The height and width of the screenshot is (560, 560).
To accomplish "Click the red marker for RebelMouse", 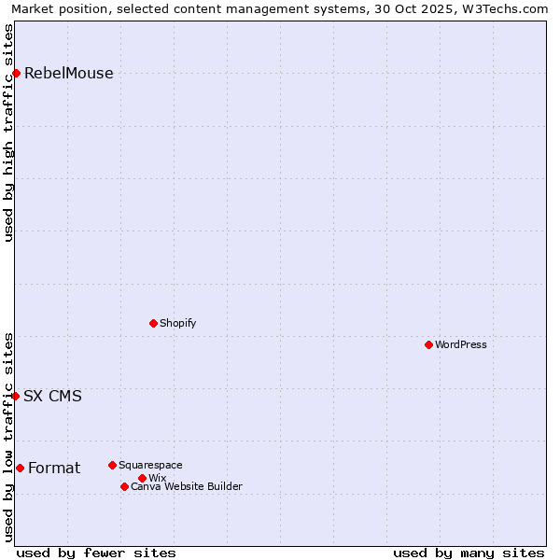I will point(16,73).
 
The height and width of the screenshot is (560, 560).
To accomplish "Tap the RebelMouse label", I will point(68,74).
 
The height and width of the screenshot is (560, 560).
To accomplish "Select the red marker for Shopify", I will point(153,323).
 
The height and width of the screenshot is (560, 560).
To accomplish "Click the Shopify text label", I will point(177,323).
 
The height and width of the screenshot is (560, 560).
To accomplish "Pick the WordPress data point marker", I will point(428,344).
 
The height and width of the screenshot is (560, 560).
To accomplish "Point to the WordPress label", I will point(460,344).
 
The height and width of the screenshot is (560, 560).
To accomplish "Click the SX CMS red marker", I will point(16,396).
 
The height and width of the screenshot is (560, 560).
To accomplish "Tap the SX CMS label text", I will point(52,396).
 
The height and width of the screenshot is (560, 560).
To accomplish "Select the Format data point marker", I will point(20,468).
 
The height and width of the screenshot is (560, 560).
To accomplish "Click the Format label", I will point(54,468).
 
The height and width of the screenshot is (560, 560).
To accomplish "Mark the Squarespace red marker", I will point(112,465).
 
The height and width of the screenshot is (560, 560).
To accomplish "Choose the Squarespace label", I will point(150,465).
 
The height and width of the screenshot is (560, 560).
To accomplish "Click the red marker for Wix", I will point(142,478).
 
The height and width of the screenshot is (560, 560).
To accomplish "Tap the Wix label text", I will point(157,478).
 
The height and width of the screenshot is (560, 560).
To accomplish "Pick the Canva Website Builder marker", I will point(124,486).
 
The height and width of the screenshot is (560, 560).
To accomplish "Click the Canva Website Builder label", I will point(186,486).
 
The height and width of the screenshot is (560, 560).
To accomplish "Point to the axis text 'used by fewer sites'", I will point(96,553).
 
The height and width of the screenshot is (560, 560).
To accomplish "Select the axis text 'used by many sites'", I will point(469,553).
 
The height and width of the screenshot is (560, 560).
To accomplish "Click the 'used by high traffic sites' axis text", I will point(9,133).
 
